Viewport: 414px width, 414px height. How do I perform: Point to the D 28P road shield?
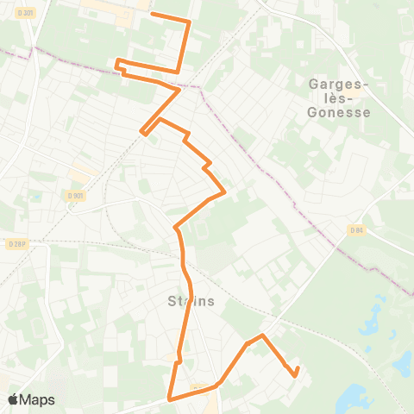[x=11, y=244]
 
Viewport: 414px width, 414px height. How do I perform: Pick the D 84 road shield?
[x=356, y=229]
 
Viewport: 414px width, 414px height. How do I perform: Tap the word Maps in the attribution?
[x=39, y=399]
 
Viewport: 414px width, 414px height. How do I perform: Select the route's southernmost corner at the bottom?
[x=170, y=399]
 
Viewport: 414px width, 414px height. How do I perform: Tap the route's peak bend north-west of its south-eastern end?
[x=262, y=335]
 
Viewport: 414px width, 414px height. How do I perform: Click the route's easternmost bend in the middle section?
[x=225, y=191]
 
